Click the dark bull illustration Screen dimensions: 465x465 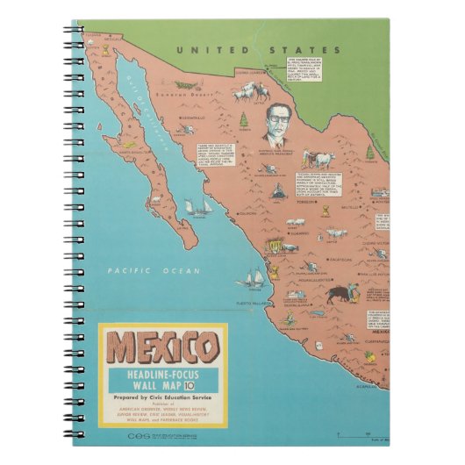(x=340, y=292)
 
